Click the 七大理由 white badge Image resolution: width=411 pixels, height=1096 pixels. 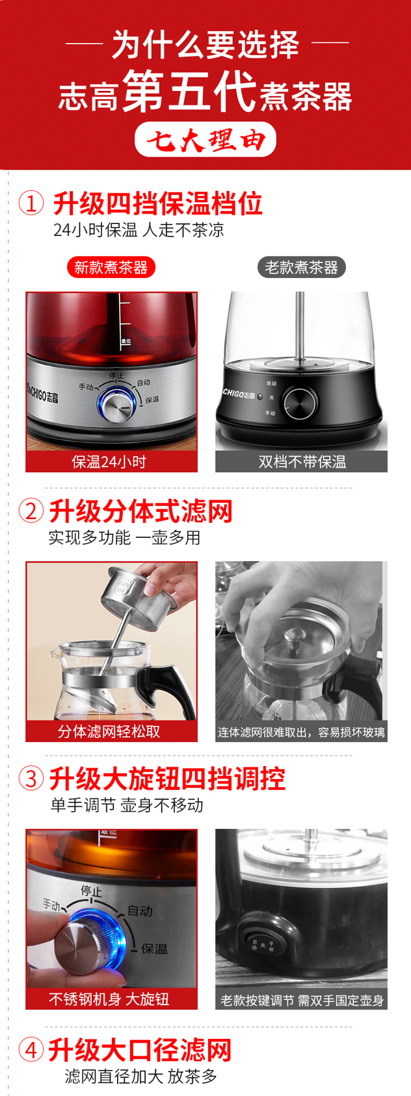tap(205, 140)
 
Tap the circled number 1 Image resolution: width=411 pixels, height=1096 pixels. tap(31, 203)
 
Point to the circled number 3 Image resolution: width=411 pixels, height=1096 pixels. tap(31, 778)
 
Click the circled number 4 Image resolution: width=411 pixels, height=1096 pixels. tap(31, 1050)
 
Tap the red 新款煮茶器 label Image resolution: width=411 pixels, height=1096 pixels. tap(111, 267)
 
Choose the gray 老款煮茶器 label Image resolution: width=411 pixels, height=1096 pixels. tap(302, 267)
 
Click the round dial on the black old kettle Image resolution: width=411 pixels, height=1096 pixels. tap(298, 403)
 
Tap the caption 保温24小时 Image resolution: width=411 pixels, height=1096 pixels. tap(109, 461)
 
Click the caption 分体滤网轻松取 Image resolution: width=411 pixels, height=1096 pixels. tap(109, 732)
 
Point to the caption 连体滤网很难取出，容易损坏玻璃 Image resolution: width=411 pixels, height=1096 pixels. tap(301, 732)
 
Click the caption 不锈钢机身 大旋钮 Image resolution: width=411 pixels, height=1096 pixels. tap(109, 999)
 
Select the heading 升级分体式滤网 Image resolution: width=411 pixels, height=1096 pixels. tap(140, 511)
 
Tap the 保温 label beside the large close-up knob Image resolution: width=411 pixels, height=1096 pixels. tap(154, 949)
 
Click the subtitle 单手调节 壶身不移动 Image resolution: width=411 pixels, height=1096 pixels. tap(127, 805)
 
